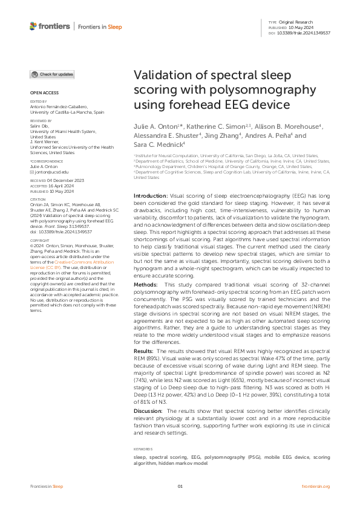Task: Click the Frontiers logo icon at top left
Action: [33, 26]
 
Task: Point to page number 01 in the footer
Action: [180, 486]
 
